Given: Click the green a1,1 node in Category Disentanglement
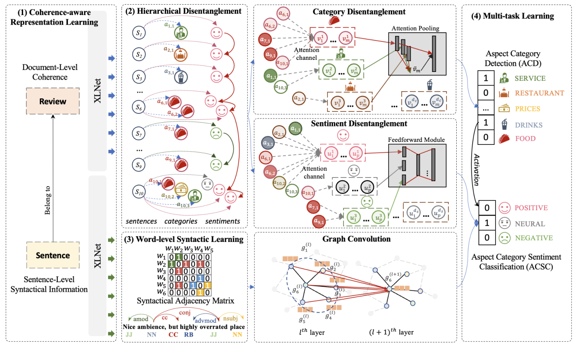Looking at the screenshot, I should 272,76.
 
